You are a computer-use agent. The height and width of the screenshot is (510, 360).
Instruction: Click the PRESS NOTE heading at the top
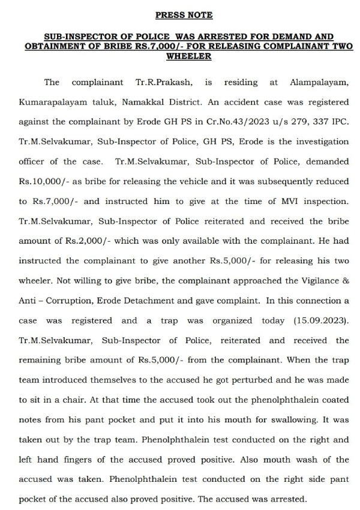point(184,14)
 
